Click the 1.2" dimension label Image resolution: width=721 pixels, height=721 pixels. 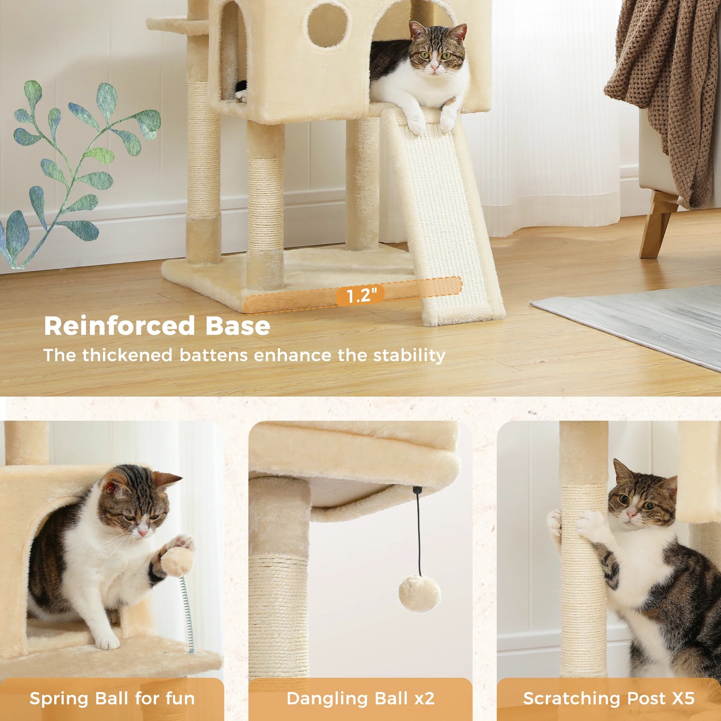[x=359, y=295]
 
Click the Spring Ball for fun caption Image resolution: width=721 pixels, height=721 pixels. [x=112, y=699]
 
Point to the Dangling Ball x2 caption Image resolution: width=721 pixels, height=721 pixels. [x=360, y=699]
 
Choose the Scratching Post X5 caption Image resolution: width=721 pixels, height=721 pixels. [x=608, y=699]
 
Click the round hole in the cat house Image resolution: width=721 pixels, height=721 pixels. [x=327, y=25]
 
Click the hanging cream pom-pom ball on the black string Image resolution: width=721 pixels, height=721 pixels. [x=420, y=593]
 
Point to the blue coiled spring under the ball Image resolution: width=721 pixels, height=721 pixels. [x=188, y=614]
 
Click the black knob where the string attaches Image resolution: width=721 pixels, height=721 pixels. [x=417, y=491]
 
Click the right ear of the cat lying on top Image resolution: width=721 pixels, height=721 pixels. [x=458, y=32]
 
